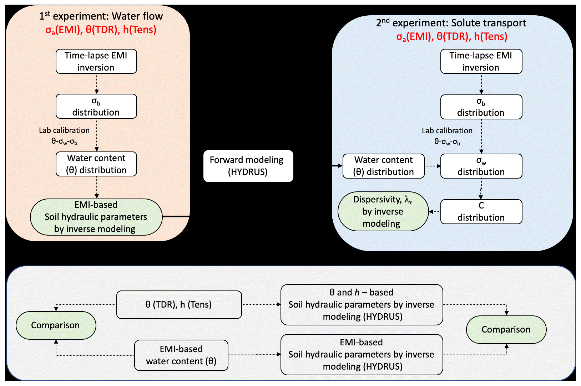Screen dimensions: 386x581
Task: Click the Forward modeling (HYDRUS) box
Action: (x=248, y=166)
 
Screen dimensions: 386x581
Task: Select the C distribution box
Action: (x=481, y=212)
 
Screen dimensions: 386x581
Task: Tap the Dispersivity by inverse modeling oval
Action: (x=383, y=211)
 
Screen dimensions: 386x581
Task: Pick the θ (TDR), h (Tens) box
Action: (x=179, y=305)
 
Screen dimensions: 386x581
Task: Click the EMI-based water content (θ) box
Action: (x=181, y=355)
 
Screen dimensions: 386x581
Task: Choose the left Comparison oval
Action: (x=56, y=325)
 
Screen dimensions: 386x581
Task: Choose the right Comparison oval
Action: (x=506, y=330)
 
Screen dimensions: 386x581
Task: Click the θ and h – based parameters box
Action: (x=362, y=305)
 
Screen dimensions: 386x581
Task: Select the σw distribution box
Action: (x=481, y=166)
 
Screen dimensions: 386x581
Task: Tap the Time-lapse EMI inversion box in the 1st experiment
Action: (x=96, y=61)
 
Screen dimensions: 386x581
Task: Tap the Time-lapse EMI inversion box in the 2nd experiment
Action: (x=481, y=61)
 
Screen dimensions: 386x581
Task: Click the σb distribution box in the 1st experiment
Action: (x=96, y=106)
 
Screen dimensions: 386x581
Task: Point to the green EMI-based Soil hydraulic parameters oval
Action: (x=96, y=217)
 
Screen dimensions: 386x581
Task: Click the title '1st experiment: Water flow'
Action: (x=101, y=16)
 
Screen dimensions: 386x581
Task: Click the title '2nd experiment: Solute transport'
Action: (x=451, y=23)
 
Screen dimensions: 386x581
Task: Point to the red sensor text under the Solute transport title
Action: (x=451, y=37)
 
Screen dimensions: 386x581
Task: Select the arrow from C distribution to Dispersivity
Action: (x=434, y=212)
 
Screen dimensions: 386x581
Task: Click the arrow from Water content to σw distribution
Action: (x=433, y=166)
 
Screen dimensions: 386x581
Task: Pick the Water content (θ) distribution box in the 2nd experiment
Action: (x=383, y=166)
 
